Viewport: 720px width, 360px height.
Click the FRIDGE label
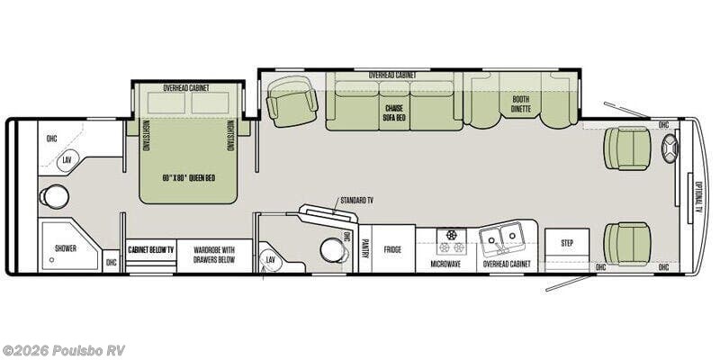392,249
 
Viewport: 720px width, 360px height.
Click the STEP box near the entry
567,243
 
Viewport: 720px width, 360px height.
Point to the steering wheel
670,148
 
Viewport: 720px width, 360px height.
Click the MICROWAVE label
445,264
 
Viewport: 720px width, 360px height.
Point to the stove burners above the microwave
451,240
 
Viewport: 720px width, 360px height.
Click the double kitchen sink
502,238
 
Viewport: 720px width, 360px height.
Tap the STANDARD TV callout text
359,200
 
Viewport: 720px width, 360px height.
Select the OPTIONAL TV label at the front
699,196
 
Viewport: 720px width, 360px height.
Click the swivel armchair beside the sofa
292,101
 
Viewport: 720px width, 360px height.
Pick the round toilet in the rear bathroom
55,197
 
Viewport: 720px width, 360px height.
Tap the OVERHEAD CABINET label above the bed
186,88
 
